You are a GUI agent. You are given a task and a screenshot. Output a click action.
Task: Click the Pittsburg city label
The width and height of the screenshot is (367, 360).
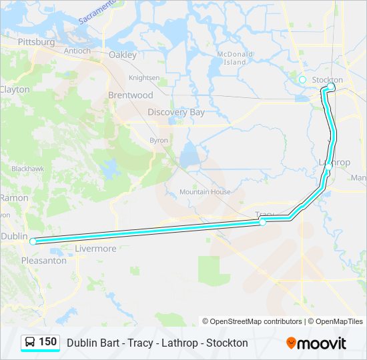(37, 42)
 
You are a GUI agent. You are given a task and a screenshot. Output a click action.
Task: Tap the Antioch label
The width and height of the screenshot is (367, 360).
(77, 51)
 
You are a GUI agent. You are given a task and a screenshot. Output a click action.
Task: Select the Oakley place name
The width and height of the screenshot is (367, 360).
(122, 55)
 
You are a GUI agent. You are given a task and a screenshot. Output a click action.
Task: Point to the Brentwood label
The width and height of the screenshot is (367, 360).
(130, 95)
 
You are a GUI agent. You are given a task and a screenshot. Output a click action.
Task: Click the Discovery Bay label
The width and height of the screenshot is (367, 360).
(176, 112)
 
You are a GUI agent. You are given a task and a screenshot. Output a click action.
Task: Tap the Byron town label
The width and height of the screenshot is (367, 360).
(159, 140)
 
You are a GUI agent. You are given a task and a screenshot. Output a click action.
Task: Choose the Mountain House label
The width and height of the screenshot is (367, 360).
(205, 192)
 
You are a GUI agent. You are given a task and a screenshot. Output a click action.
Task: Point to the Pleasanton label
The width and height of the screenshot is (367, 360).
(44, 261)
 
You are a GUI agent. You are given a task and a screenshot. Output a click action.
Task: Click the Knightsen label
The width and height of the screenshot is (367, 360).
(144, 77)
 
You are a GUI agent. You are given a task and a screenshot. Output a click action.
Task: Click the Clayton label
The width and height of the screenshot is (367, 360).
(15, 89)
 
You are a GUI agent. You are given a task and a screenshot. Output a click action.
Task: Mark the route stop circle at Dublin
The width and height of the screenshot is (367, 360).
(33, 241)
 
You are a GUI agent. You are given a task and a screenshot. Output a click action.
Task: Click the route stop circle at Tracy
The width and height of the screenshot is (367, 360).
(263, 222)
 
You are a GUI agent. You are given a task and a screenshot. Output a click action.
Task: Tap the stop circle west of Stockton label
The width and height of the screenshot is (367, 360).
(302, 80)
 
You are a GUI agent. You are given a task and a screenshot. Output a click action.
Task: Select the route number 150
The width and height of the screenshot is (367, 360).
(47, 342)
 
